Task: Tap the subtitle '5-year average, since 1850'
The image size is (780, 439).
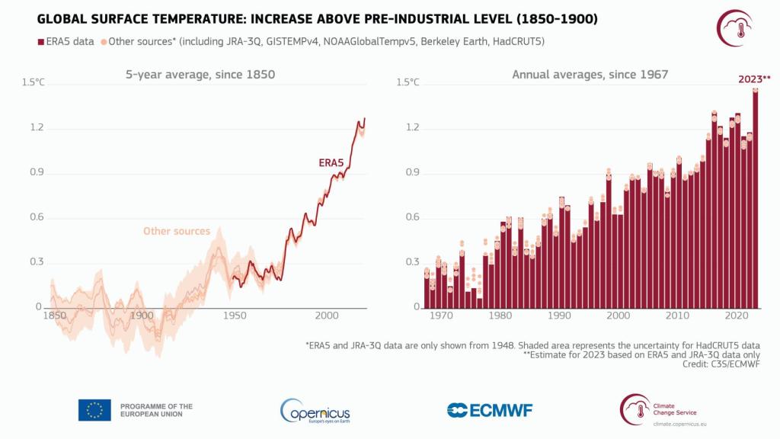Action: pyautogui.click(x=200, y=75)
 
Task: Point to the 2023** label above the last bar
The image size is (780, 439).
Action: pyautogui.click(x=754, y=79)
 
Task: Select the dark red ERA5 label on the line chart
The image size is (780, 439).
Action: pyautogui.click(x=331, y=163)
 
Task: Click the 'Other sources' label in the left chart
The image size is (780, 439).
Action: pyautogui.click(x=176, y=231)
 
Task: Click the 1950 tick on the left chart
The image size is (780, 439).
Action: pyautogui.click(x=235, y=316)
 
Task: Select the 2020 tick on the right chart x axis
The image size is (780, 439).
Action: pyautogui.click(x=737, y=316)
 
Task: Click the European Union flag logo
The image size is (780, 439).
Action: pyautogui.click(x=94, y=410)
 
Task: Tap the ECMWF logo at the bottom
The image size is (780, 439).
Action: pyautogui.click(x=490, y=410)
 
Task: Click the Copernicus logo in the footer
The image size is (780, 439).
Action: pyautogui.click(x=315, y=412)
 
